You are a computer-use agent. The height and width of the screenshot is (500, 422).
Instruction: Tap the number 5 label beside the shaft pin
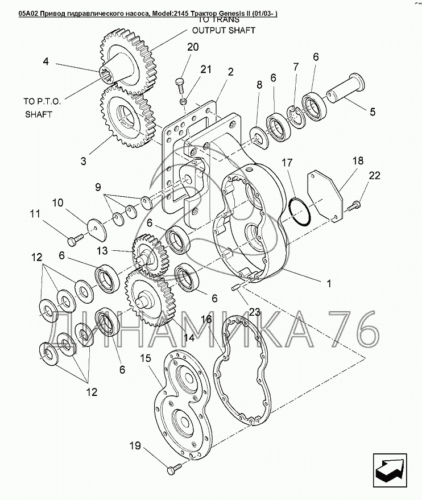[373, 111]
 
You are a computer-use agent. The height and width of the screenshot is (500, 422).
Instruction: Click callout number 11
[35, 214]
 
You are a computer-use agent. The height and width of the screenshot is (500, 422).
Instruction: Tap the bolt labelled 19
[174, 468]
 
